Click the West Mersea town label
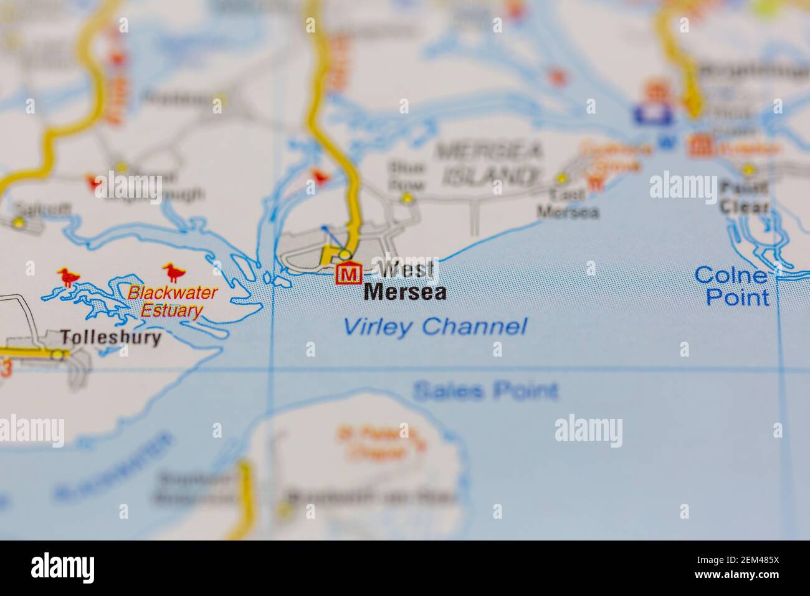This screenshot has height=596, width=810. pos(405,281)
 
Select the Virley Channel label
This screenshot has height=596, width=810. pos(435,326)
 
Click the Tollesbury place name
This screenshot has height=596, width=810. pos(111,338)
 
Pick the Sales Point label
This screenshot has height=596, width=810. pos(485,392)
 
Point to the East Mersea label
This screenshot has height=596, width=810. pos(568,203)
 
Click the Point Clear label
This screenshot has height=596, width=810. pos(744,197)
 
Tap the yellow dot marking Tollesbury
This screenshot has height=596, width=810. pos(58,354)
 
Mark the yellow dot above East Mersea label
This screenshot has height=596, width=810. pos(562,178)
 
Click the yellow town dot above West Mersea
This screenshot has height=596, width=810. pos(345,254)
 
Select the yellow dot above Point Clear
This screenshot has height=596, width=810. pos(748,168)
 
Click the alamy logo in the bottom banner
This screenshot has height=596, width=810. pos(62,567)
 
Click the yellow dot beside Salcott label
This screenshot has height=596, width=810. pos(19,222)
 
